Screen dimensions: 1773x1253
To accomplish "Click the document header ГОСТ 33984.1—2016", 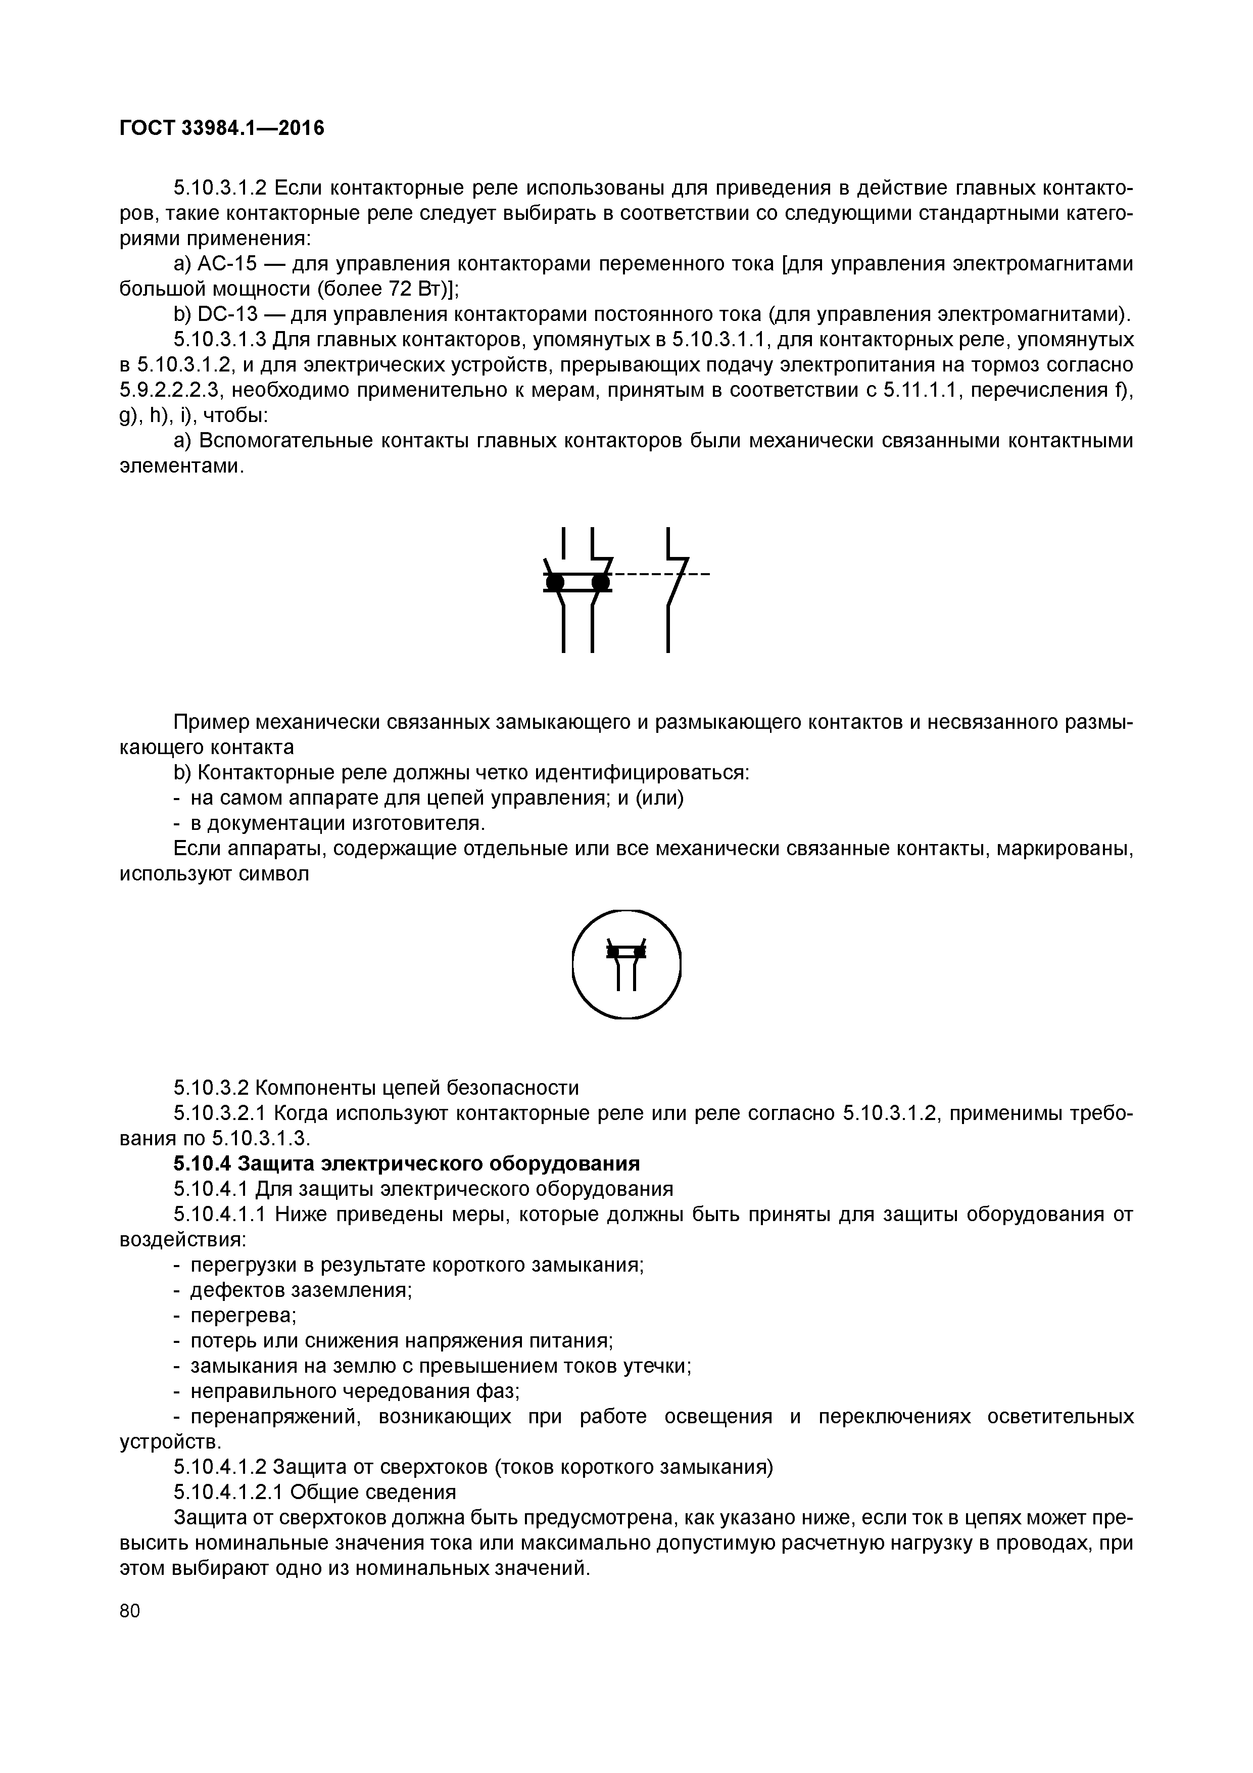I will pos(222,127).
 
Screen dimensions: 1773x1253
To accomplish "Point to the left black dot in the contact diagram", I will pos(554,581).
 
